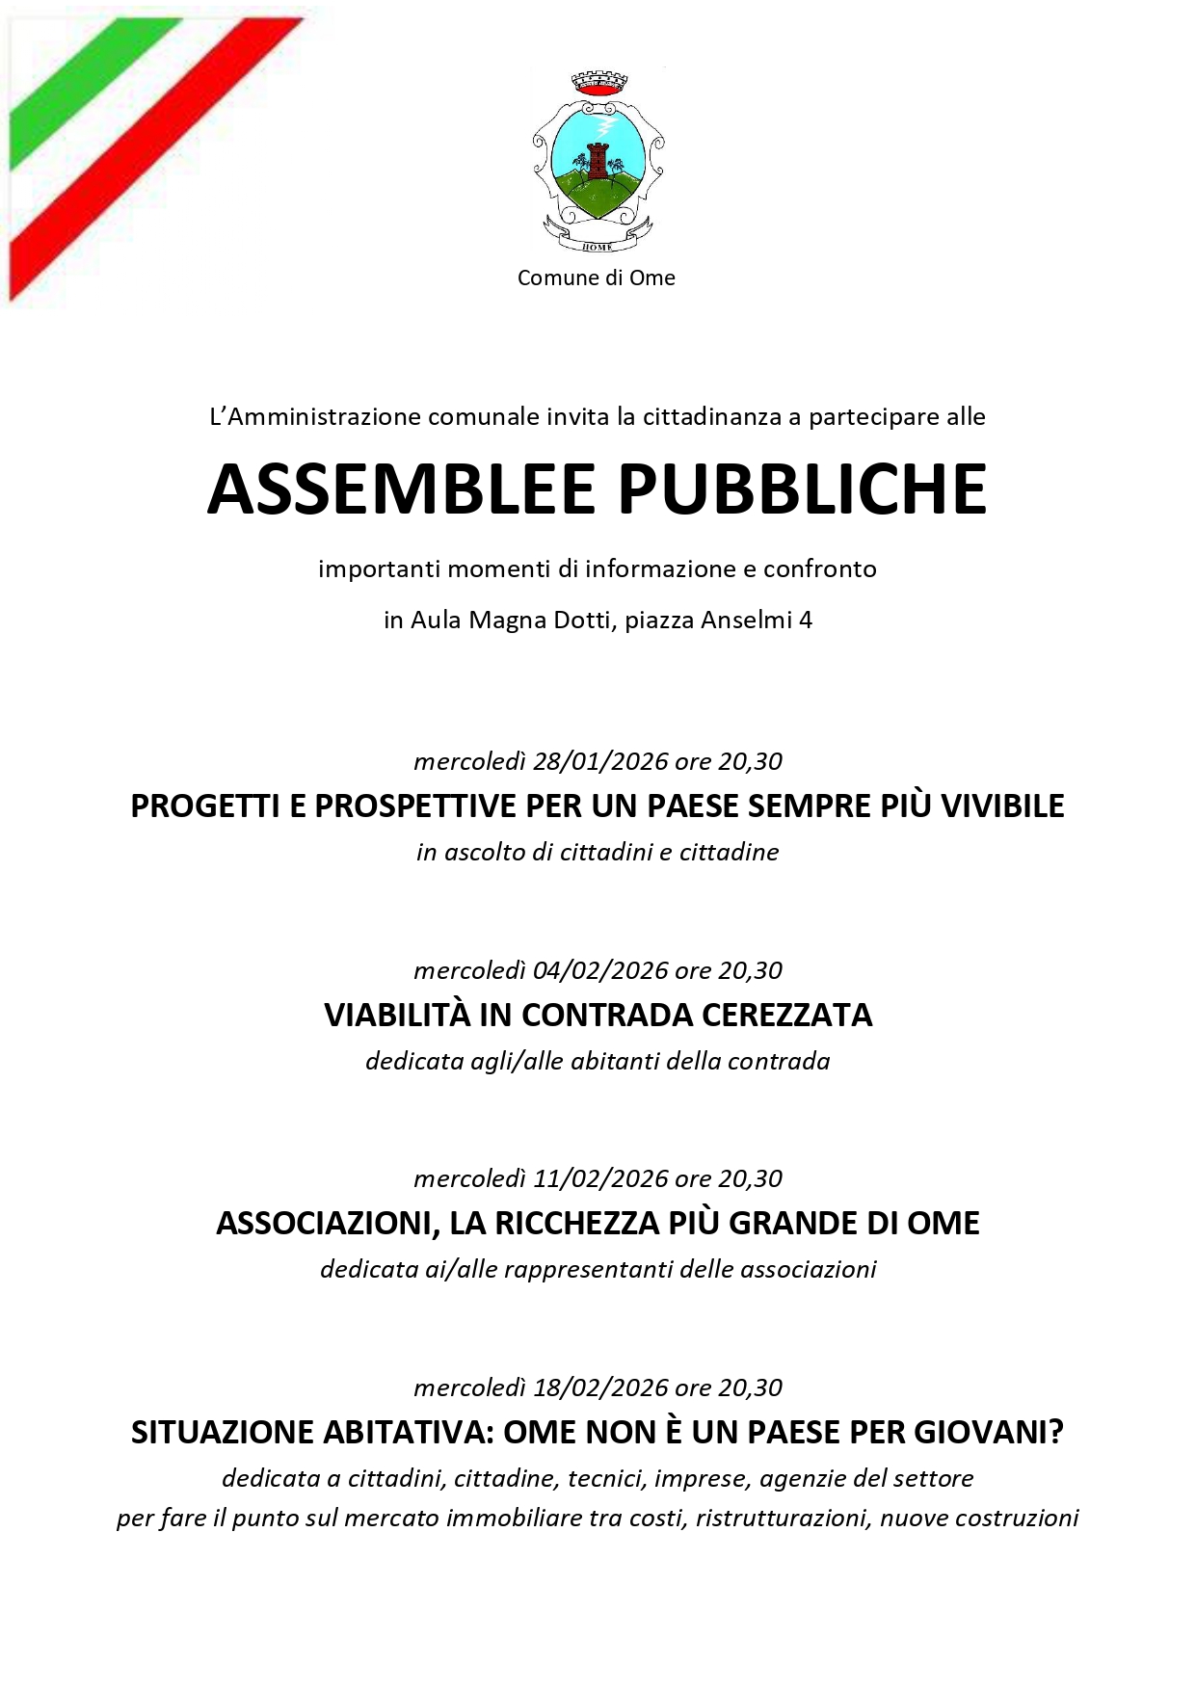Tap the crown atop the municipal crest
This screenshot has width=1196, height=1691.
pos(598,83)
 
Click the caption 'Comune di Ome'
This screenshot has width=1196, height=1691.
pos(596,277)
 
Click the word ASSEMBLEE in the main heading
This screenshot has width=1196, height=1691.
pos(402,489)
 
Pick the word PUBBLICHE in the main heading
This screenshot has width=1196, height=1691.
pos(803,489)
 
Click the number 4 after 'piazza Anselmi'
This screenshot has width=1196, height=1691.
pos(806,620)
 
